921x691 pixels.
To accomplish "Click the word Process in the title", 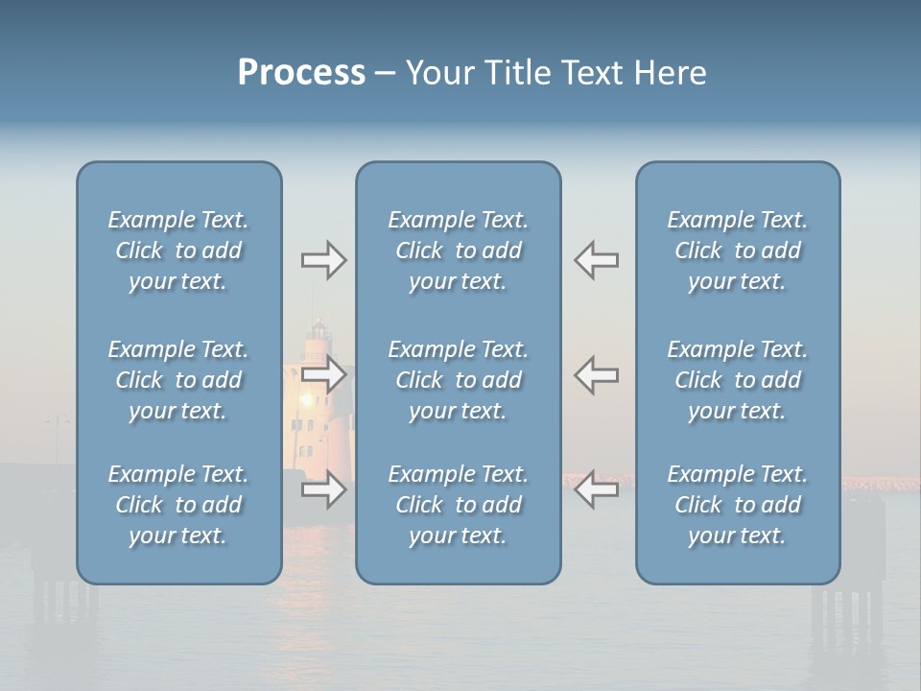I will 301,73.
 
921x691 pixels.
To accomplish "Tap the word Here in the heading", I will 670,73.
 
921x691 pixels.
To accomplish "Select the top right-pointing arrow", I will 323,260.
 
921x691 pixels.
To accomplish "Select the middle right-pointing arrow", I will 323,374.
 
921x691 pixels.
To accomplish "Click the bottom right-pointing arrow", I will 323,489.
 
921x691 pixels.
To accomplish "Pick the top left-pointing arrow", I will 597,260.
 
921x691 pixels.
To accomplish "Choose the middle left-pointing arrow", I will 597,374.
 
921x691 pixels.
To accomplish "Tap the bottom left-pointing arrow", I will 597,489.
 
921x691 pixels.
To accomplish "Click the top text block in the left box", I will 178,250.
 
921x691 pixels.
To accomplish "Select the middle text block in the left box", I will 178,380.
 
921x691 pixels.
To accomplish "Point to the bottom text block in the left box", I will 178,505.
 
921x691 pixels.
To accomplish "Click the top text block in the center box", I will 458,250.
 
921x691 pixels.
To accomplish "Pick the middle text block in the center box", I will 458,380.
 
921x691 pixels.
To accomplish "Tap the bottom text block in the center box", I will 458,505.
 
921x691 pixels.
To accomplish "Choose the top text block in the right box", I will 737,250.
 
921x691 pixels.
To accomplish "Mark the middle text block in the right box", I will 737,380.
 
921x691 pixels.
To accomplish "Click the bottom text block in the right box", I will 737,505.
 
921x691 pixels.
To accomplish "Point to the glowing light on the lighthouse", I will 307,398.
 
